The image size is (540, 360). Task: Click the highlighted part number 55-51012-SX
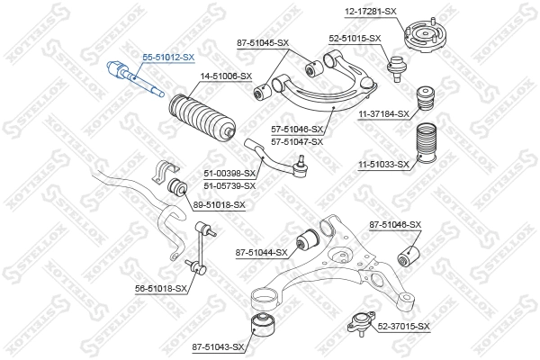(168, 57)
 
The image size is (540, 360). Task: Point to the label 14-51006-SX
(225, 77)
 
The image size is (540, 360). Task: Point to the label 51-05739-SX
(229, 185)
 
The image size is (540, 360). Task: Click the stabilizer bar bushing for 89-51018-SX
(177, 188)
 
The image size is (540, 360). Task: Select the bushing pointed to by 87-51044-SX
(309, 238)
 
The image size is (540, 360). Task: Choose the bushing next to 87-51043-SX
(262, 325)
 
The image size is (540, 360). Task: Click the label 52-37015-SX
(403, 326)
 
